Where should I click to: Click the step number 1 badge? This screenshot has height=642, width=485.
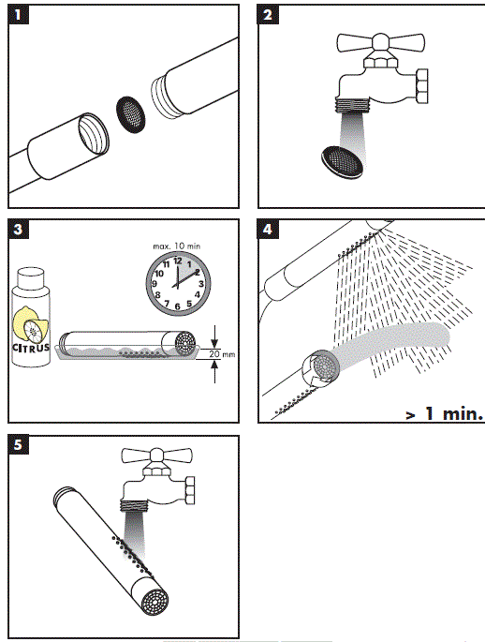tap(18, 15)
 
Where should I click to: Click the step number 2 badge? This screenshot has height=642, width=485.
tap(267, 15)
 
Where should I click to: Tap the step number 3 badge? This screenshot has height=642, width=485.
tap(18, 229)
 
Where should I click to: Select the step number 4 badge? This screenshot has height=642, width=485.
tap(267, 229)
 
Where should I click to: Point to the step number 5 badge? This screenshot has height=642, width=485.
tap(18, 444)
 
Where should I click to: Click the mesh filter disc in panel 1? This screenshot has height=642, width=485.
tap(131, 114)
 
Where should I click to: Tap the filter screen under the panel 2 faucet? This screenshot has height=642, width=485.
tap(343, 162)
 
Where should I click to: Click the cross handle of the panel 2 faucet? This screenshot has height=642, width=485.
tap(381, 42)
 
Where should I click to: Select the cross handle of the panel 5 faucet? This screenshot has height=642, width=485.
tap(157, 455)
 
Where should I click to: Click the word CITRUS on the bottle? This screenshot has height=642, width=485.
tap(31, 348)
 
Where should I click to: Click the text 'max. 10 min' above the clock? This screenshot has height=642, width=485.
tap(177, 246)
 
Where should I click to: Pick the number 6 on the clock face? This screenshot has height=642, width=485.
tap(177, 306)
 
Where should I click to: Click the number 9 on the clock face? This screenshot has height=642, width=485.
tap(154, 284)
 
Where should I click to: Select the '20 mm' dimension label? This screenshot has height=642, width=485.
tap(222, 353)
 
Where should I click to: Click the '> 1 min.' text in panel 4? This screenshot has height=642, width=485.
tap(444, 413)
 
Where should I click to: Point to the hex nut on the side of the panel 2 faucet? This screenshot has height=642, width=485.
tap(422, 86)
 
